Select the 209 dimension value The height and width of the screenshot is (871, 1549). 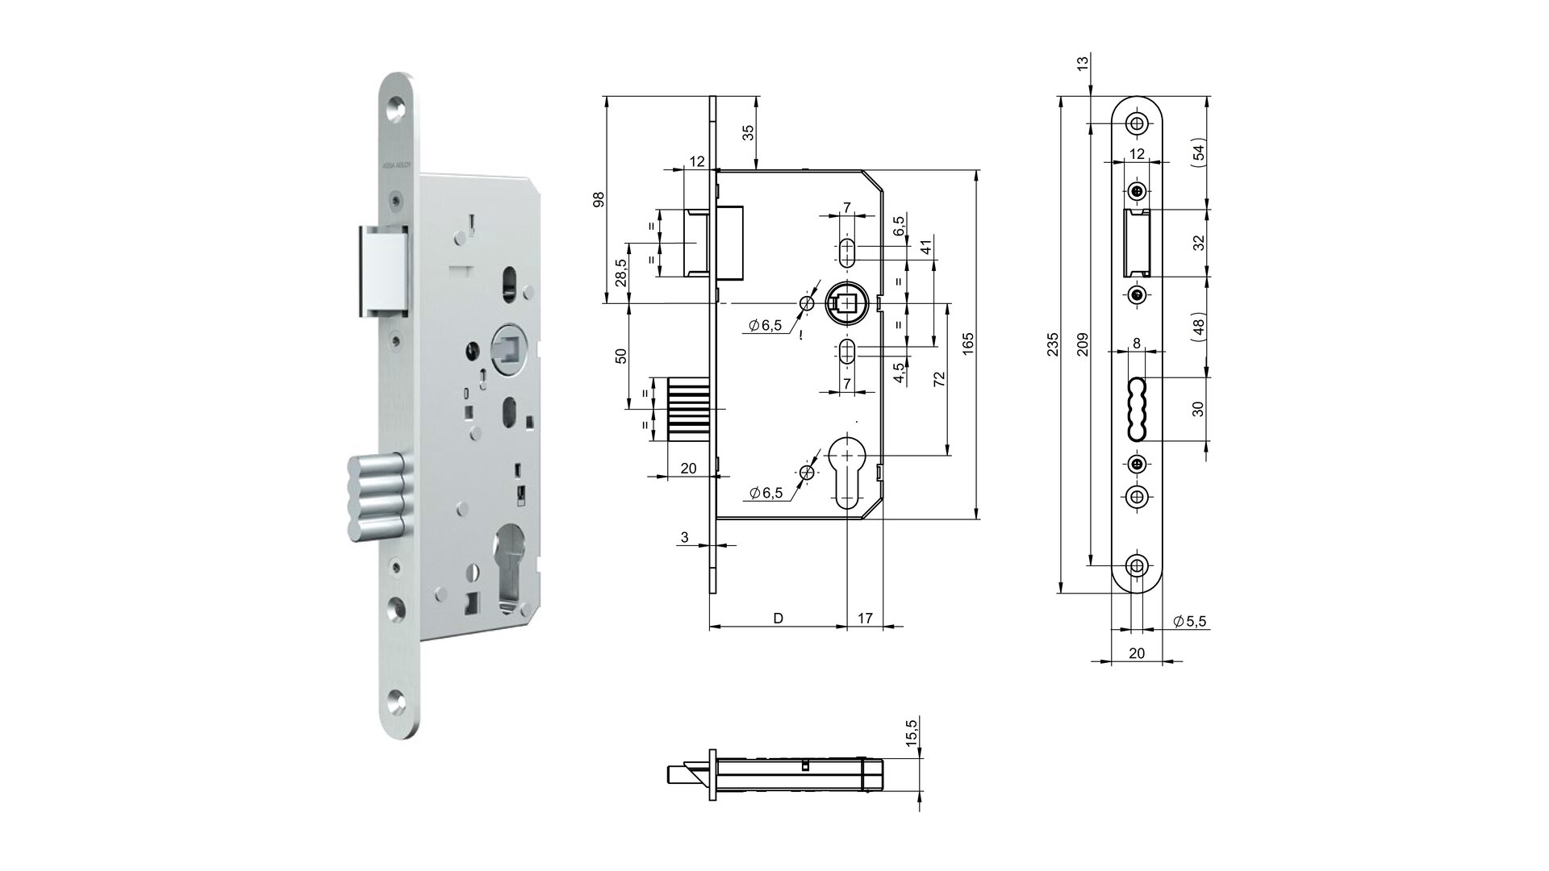pyautogui.click(x=1083, y=345)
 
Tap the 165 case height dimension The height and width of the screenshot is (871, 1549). pyautogui.click(x=969, y=343)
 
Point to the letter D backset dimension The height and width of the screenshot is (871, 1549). pyautogui.click(x=778, y=619)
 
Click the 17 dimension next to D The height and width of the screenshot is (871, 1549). pyautogui.click(x=865, y=619)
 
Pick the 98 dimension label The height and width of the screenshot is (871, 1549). pyautogui.click(x=598, y=199)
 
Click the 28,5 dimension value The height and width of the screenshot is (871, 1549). pyautogui.click(x=620, y=273)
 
